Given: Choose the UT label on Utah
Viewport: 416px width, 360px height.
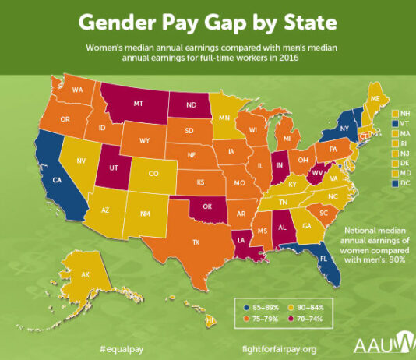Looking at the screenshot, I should click(x=114, y=168).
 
